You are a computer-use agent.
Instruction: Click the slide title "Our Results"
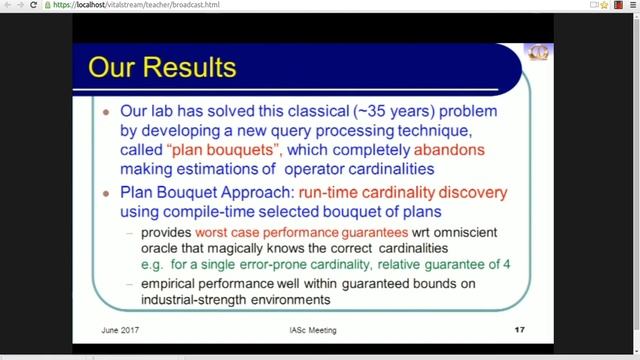click(162, 68)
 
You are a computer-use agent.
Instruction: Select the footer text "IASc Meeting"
click(307, 330)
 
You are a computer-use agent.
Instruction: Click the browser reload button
click(34, 6)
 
